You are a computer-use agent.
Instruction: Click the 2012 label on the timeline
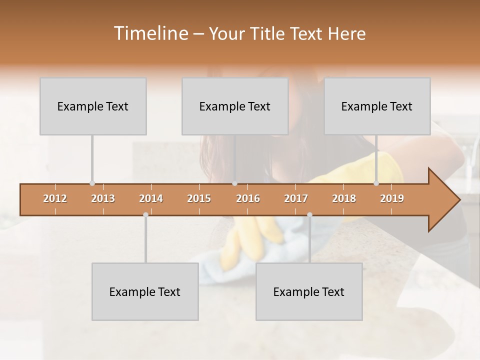pyautogui.click(x=55, y=198)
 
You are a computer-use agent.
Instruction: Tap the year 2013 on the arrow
pyautogui.click(x=103, y=198)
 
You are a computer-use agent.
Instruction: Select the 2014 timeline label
pyautogui.click(x=151, y=198)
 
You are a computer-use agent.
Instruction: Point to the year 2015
pyautogui.click(x=199, y=198)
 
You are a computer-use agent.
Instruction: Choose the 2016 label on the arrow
pyautogui.click(x=248, y=198)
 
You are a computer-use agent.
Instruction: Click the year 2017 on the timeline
pyautogui.click(x=296, y=198)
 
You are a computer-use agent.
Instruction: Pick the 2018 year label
pyautogui.click(x=344, y=198)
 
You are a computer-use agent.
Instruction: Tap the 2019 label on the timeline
pyautogui.click(x=392, y=198)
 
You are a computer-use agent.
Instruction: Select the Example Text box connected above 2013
pyautogui.click(x=93, y=106)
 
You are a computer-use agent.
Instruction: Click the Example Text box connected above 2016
pyautogui.click(x=235, y=106)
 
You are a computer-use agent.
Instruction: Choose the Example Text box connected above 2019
pyautogui.click(x=377, y=106)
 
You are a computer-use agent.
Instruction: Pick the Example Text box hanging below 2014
pyautogui.click(x=145, y=291)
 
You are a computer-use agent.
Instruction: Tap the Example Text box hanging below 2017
pyautogui.click(x=309, y=291)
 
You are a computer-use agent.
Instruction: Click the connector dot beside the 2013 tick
pyautogui.click(x=92, y=183)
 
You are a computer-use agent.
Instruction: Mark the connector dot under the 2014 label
pyautogui.click(x=145, y=214)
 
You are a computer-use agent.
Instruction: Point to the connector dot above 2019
pyautogui.click(x=376, y=183)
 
